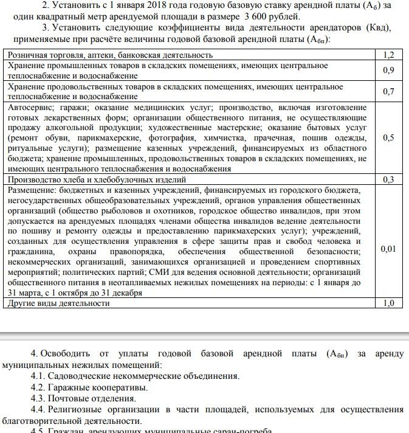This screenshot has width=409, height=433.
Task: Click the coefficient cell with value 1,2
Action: [388, 55]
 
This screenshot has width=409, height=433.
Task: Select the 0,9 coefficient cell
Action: [388, 70]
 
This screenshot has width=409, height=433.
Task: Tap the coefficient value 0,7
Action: [388, 91]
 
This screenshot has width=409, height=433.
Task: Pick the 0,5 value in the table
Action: [388, 138]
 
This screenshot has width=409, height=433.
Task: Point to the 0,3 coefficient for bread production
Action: [388, 179]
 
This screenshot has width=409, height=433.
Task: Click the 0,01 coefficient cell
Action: [388, 249]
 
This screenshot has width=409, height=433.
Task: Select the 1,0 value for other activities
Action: [388, 303]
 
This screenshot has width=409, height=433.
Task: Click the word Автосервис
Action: [30, 106]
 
